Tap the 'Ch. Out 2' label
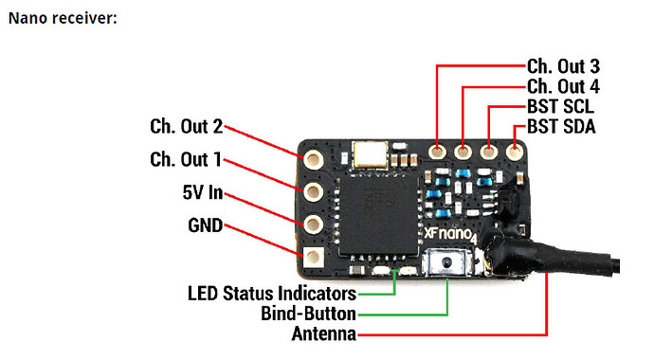[186, 126]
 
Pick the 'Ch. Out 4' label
[563, 87]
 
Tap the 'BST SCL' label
[562, 108]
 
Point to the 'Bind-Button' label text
[309, 313]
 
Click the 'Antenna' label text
[323, 333]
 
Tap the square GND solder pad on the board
[310, 255]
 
